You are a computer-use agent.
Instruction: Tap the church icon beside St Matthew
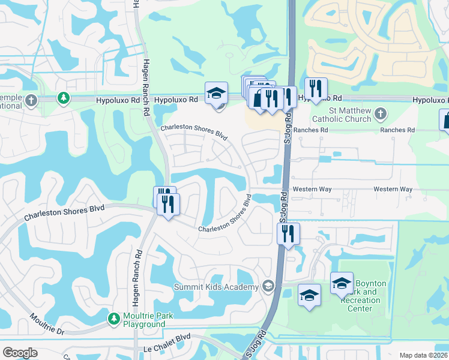point(380,112)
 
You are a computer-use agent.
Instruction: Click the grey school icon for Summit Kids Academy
point(268,286)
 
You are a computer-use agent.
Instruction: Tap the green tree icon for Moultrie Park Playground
point(113,317)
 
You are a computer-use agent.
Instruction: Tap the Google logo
point(20,353)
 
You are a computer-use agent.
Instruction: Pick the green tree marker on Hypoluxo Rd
point(62,97)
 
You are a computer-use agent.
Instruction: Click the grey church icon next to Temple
point(31,100)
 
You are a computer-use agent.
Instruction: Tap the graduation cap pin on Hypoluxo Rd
point(216,93)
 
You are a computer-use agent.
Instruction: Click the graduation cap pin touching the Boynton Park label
point(342,284)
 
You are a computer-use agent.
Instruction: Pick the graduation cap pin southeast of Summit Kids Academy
point(309,295)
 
